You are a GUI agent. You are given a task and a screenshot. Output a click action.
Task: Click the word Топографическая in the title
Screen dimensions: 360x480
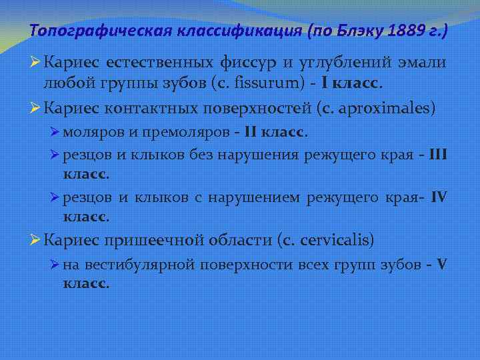tap(89, 30)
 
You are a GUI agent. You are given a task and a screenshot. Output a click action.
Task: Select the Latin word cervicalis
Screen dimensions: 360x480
tap(339, 239)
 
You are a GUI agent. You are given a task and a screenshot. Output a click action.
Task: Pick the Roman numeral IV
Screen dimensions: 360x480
tap(439, 198)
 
